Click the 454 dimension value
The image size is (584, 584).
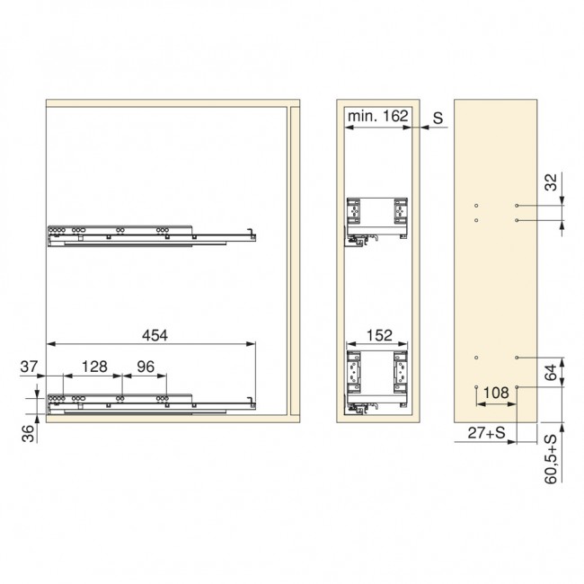[x=155, y=335]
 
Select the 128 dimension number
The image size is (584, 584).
[x=94, y=367]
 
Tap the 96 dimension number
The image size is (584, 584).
[x=146, y=367]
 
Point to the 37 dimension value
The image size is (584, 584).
[x=29, y=367]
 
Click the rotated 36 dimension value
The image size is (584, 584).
[x=28, y=434]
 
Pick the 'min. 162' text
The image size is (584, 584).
[x=377, y=116]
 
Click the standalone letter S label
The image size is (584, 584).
[x=438, y=118]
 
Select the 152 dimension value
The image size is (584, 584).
[x=379, y=335]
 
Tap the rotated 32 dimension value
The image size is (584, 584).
[x=552, y=182]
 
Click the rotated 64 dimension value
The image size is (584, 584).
[x=552, y=373]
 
